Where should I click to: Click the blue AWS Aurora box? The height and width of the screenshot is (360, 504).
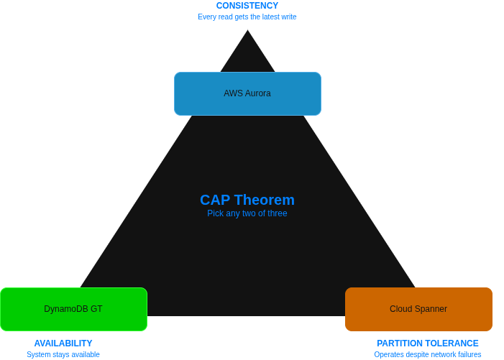[x=247, y=93]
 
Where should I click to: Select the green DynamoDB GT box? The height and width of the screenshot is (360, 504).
[x=73, y=309]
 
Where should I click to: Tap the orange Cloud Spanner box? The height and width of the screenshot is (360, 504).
[x=418, y=309]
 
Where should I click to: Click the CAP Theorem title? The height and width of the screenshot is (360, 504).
[x=247, y=200]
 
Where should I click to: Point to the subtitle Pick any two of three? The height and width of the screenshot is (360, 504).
[x=247, y=213]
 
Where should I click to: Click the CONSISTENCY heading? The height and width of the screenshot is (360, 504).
[x=247, y=6]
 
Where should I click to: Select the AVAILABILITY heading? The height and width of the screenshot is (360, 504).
[x=63, y=343]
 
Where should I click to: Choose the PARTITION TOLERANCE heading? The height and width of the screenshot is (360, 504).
[x=428, y=343]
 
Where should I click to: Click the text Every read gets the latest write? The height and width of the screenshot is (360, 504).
[x=247, y=17]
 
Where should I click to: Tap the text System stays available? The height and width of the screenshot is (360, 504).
[x=63, y=354]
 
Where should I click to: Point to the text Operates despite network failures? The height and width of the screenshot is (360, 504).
[x=428, y=354]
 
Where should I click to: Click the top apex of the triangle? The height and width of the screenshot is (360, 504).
[x=247, y=29]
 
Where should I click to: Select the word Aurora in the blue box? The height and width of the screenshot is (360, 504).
[x=258, y=93]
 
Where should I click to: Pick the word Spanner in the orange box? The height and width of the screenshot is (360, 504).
[x=431, y=309]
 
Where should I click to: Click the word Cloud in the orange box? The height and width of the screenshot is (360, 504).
[x=400, y=309]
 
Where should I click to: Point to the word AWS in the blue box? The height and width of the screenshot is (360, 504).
[x=234, y=93]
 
